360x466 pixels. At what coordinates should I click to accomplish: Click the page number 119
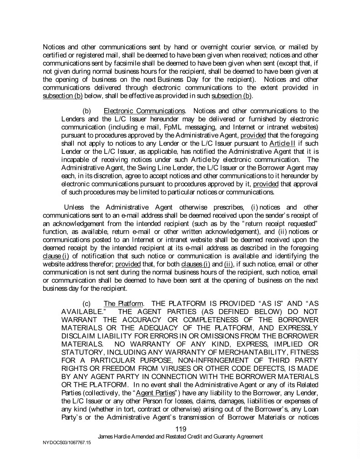tap(181, 429)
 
